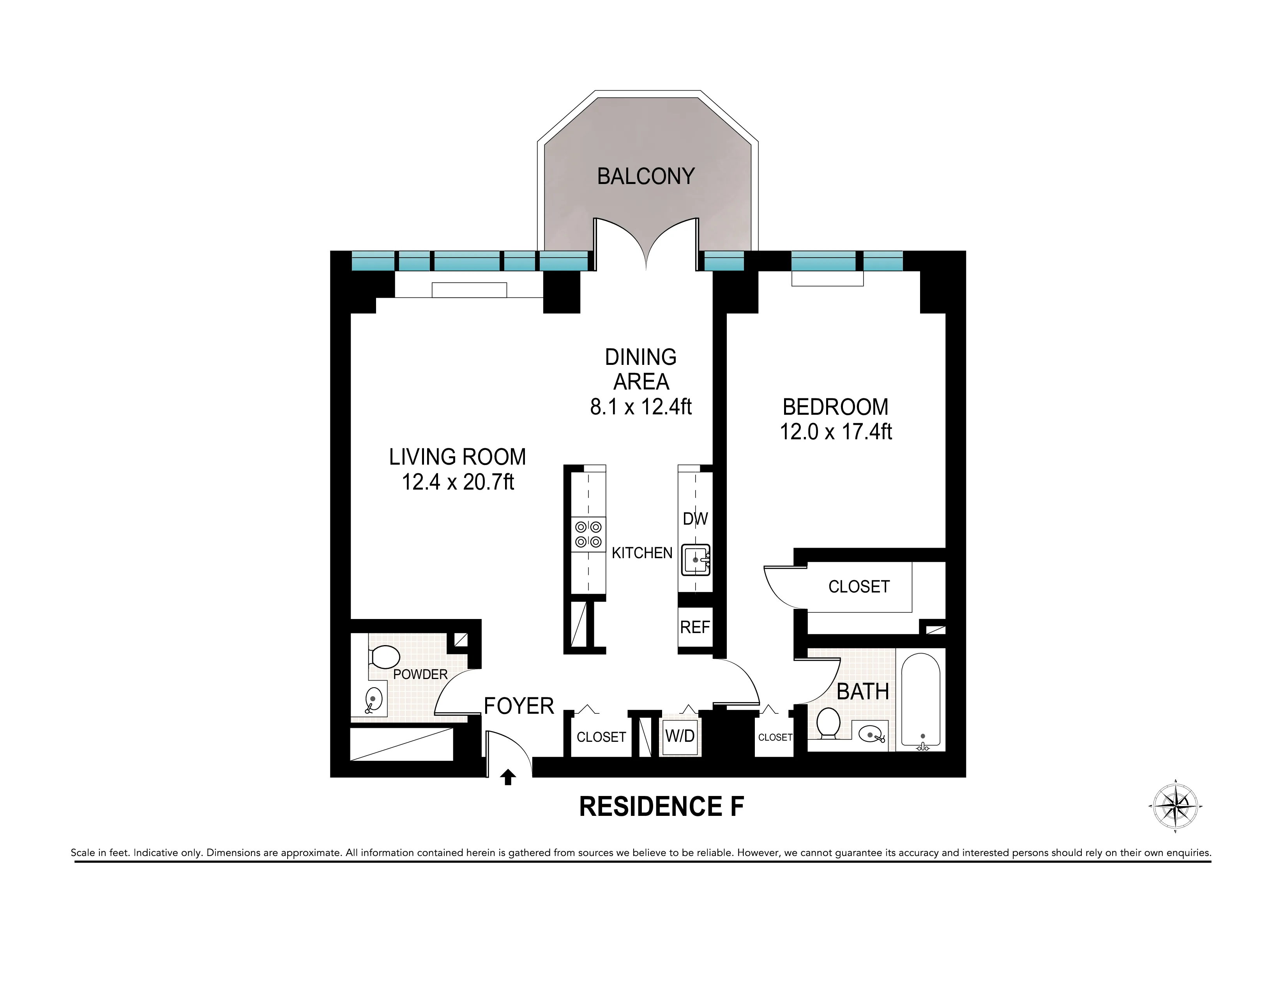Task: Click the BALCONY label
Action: [646, 176]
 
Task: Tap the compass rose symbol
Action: [1175, 806]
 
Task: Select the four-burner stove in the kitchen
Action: [588, 534]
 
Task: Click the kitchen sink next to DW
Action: [695, 559]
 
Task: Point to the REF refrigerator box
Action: [695, 627]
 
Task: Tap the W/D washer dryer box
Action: [680, 736]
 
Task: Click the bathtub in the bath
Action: [920, 701]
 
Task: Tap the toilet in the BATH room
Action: [828, 723]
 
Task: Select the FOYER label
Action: [519, 706]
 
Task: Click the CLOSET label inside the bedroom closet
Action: [859, 587]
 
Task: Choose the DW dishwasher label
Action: [695, 519]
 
